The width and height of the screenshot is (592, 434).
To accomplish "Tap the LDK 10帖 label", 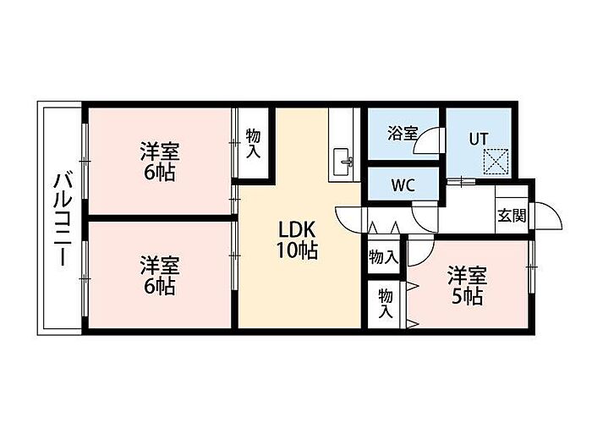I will (299, 239).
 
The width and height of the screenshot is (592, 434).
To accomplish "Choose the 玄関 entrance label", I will (510, 215).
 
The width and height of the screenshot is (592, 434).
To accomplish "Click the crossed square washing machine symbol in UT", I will (495, 160).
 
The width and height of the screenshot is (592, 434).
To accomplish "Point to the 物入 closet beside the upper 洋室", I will (253, 144).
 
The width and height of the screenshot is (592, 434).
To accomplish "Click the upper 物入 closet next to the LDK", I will (383, 256).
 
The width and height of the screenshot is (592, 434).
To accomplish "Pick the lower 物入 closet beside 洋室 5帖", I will (386, 303).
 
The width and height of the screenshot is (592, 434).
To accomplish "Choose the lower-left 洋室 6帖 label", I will (158, 276).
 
